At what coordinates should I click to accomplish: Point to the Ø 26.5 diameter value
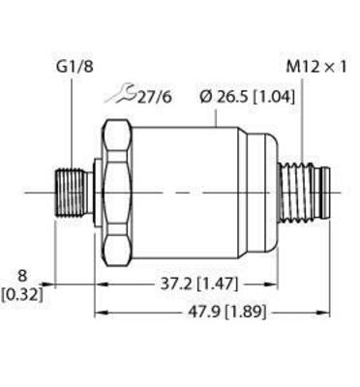[224, 95]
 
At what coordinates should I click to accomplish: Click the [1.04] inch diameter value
[274, 95]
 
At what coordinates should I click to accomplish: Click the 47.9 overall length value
[201, 313]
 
